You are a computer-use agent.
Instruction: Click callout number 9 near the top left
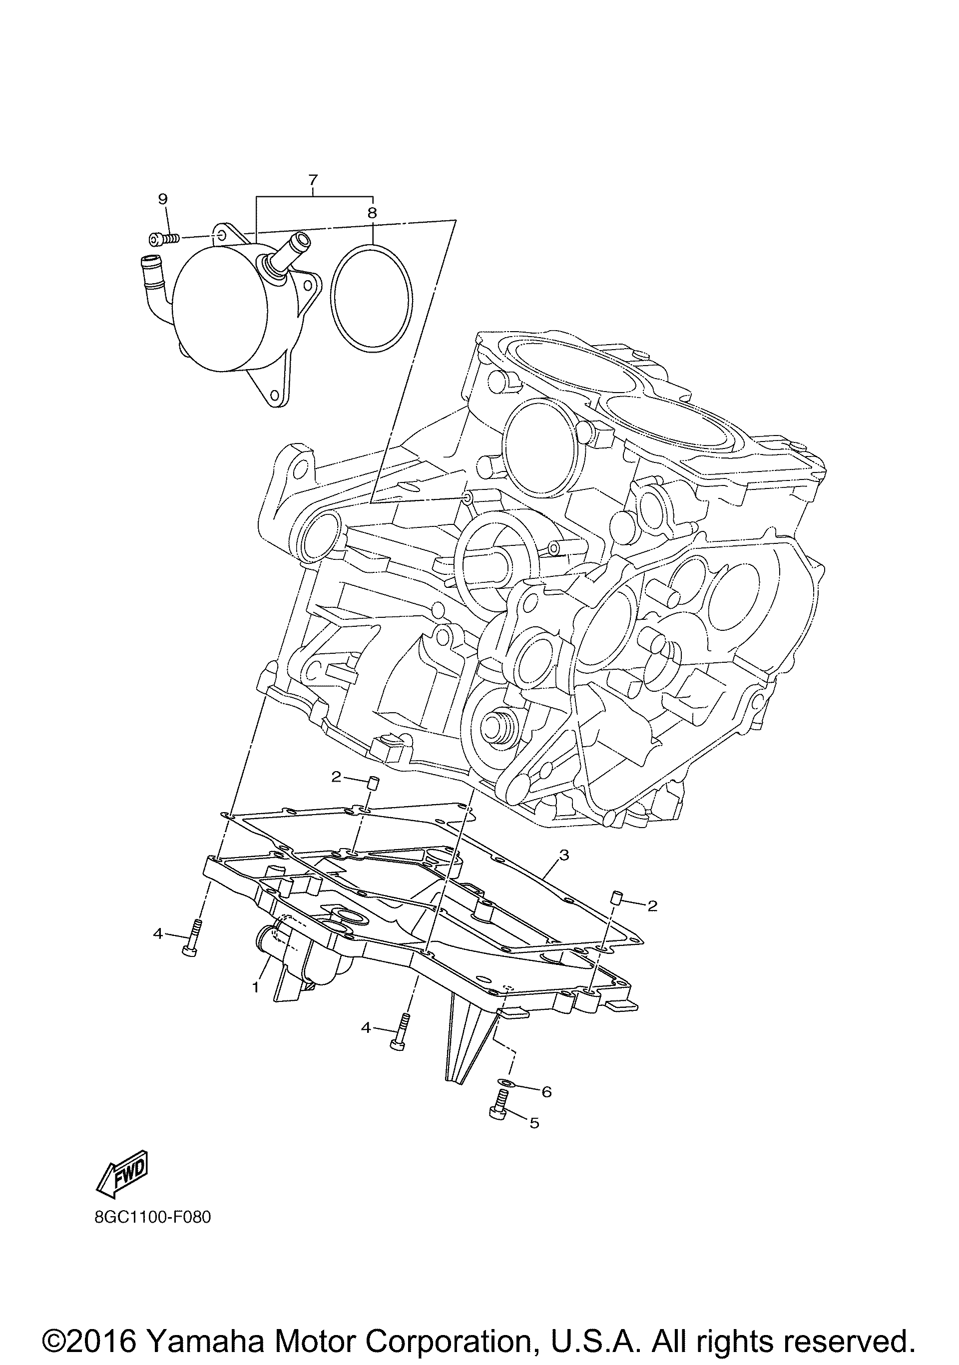(x=163, y=199)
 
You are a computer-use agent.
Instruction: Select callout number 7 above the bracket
(x=313, y=179)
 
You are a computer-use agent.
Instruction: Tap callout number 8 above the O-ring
(x=372, y=213)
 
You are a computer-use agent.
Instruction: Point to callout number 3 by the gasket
(x=563, y=856)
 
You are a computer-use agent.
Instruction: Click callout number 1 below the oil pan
(x=255, y=987)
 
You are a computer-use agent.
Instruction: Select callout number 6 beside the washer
(x=546, y=1091)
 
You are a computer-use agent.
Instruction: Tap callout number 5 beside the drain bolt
(x=534, y=1123)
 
